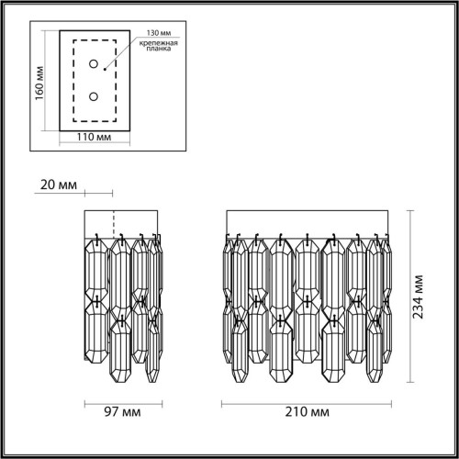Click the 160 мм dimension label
click(39, 84)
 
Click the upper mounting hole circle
click(93, 64)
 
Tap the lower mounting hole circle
click(93, 95)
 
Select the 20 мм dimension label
click(58, 185)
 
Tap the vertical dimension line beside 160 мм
click(50, 84)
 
